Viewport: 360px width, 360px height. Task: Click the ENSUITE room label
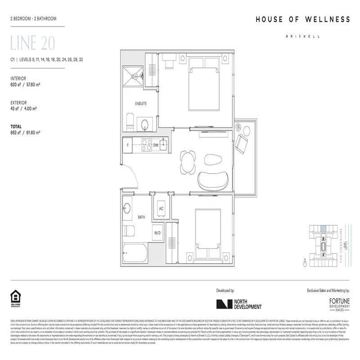click(x=141, y=103)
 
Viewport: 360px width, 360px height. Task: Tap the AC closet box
click(x=161, y=208)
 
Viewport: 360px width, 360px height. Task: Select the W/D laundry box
click(x=158, y=233)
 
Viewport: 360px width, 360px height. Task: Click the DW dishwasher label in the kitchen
click(x=155, y=145)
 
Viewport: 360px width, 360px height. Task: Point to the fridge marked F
click(x=128, y=145)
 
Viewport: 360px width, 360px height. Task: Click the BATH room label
click(x=141, y=217)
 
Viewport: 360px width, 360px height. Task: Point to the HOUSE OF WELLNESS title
click(x=302, y=19)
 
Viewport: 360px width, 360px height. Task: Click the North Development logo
click(x=238, y=304)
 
